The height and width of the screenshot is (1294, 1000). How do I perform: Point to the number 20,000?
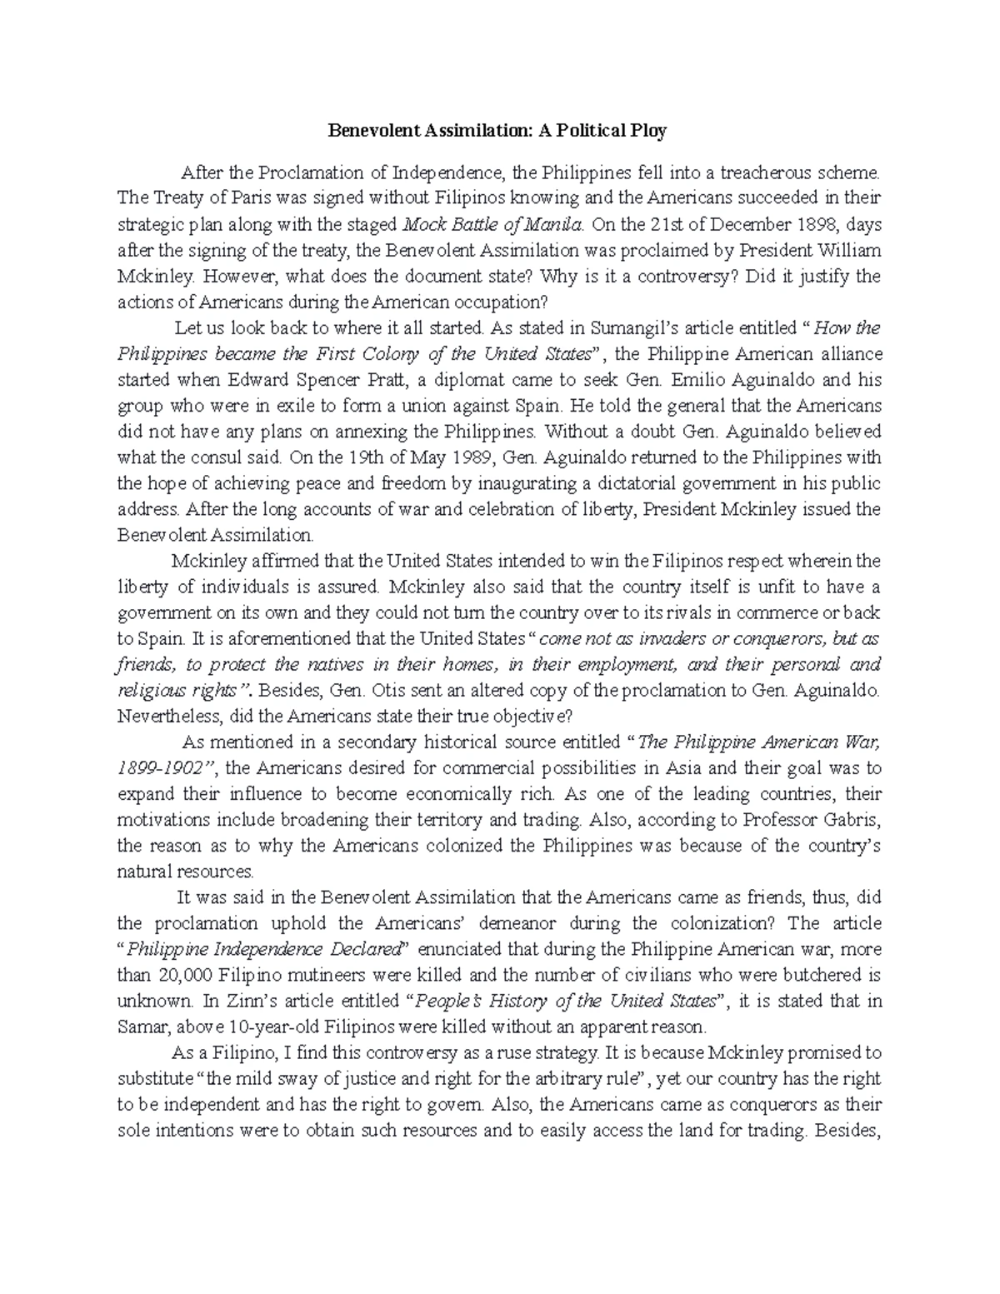pyautogui.click(x=181, y=976)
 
